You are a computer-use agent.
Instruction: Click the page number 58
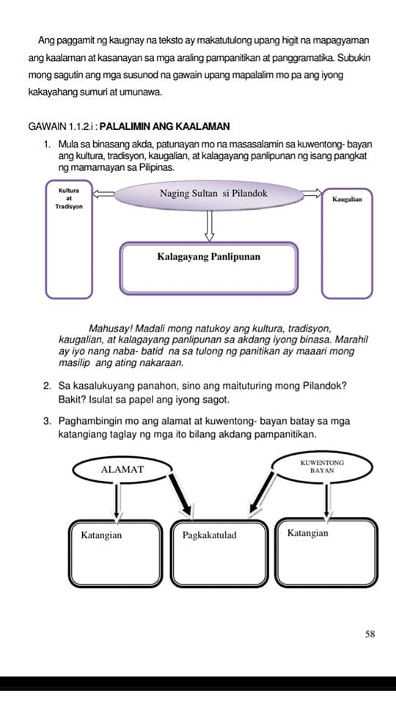370,634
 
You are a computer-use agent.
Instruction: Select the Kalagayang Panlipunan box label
209,257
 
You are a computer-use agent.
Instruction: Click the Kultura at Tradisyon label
69,199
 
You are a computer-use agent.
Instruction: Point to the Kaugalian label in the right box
347,199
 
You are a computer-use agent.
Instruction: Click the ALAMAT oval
122,469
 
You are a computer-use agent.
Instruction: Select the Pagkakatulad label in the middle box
209,535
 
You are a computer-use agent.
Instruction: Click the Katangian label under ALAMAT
101,535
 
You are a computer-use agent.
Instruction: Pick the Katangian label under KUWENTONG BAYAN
307,533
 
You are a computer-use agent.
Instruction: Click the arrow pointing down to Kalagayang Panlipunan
209,225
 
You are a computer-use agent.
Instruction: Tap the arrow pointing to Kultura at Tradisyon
103,194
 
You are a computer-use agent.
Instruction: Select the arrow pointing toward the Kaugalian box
312,194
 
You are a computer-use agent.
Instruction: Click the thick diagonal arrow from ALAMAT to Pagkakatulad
181,493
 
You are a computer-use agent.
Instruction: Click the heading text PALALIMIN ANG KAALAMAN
164,126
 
